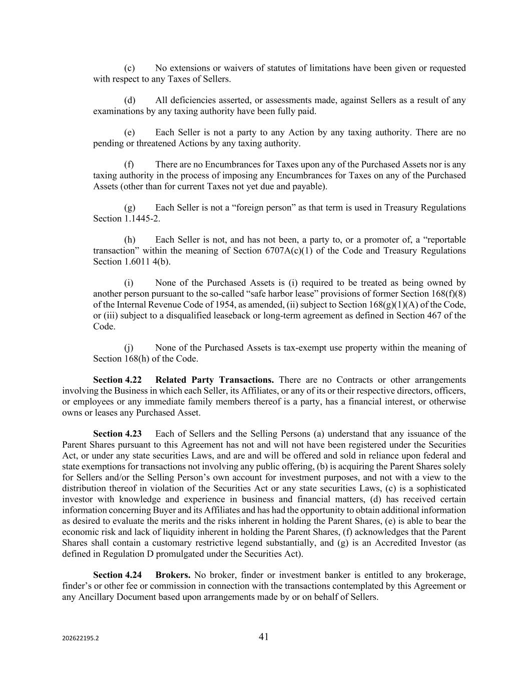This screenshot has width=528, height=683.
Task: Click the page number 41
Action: [264, 636]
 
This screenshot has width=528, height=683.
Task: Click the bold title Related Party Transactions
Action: [215, 380]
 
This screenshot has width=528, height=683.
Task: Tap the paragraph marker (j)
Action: [129, 348]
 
